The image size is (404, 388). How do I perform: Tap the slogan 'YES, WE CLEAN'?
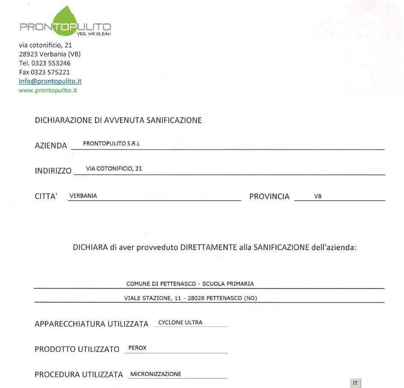point(93,34)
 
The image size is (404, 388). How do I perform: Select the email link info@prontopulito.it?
point(50,81)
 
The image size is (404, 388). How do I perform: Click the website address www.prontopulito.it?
point(48,90)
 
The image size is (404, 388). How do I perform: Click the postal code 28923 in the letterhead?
point(28,54)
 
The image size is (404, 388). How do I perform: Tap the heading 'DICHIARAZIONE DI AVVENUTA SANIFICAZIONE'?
point(118,120)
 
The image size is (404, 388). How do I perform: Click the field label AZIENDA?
point(50,145)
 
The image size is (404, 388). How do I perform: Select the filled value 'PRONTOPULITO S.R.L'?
point(111,144)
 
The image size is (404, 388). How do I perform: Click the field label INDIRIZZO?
point(53,171)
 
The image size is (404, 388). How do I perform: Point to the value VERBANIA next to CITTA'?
point(83,196)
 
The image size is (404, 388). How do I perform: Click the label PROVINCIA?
point(269,196)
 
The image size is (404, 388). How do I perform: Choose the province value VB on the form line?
point(318,196)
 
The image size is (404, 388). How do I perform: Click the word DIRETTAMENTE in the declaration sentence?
point(208,247)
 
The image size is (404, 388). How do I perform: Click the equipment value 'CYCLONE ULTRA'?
point(180,323)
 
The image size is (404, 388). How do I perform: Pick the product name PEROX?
point(137,348)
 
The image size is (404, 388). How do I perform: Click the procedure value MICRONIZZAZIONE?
point(156,374)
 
